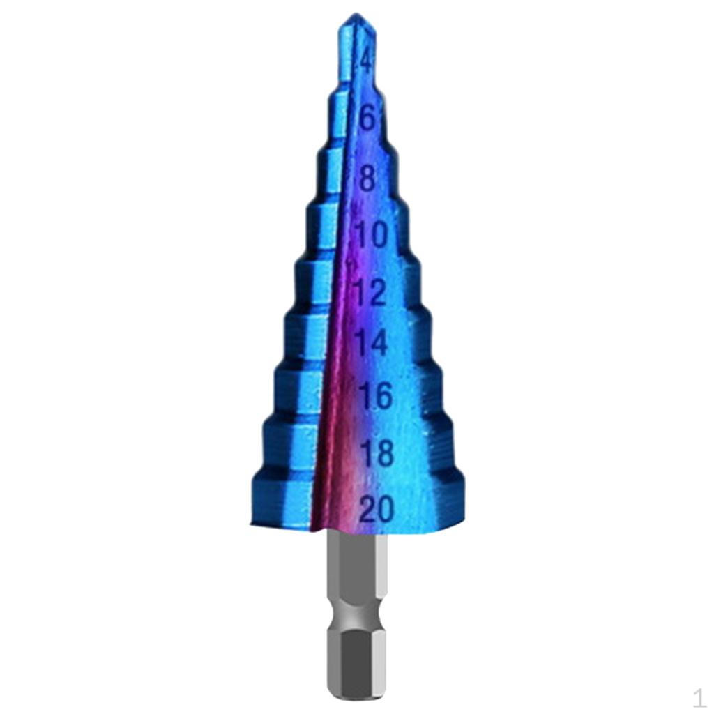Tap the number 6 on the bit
(x=367, y=119)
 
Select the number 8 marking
(x=367, y=178)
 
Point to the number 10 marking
(x=372, y=236)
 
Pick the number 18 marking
(x=377, y=453)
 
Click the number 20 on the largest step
(x=377, y=509)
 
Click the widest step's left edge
(x=252, y=499)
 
